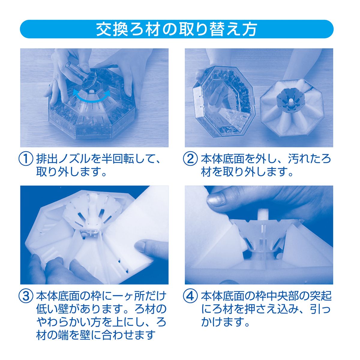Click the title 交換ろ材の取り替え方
coord(176,29)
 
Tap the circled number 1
coord(26,158)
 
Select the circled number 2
coord(190,158)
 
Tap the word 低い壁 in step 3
coord(53,309)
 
